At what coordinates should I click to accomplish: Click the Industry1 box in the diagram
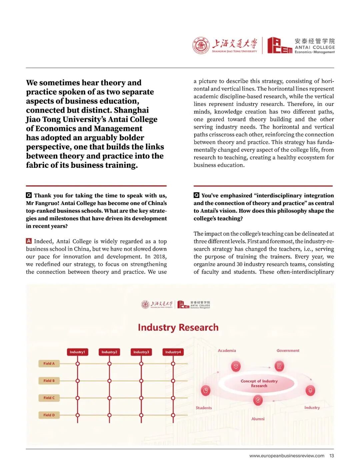click(x=77, y=352)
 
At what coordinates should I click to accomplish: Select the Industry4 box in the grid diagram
click(x=173, y=352)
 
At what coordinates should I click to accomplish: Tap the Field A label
click(x=49, y=363)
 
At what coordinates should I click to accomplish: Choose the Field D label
click(x=49, y=415)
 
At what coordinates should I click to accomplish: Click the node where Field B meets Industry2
click(x=109, y=381)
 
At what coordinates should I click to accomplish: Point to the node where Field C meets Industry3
click(x=141, y=398)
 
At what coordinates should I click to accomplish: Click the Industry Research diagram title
click(x=178, y=327)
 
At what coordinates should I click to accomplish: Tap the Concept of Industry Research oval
click(x=259, y=383)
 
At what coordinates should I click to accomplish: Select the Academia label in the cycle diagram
click(x=227, y=350)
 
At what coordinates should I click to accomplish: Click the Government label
click(x=288, y=350)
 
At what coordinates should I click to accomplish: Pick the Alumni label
click(x=258, y=419)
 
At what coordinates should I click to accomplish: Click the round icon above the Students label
click(x=206, y=390)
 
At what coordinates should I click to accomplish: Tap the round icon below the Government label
click(x=279, y=366)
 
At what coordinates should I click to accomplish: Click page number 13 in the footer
click(x=332, y=456)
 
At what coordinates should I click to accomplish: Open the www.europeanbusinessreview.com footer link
click(x=287, y=456)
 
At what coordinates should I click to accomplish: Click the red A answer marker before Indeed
click(x=29, y=241)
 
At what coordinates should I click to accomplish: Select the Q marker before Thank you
click(x=29, y=195)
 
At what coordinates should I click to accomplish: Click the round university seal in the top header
click(x=201, y=46)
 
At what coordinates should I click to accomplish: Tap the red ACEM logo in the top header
click(x=279, y=46)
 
